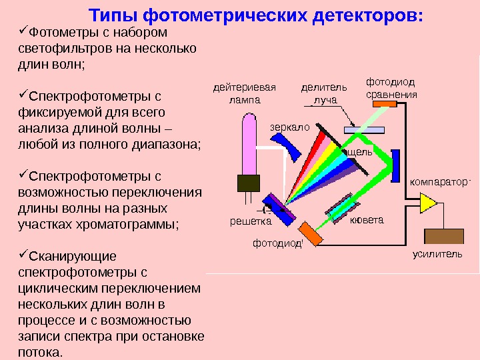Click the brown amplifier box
point(444,237)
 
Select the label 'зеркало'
point(290,126)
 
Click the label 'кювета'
point(368,221)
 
